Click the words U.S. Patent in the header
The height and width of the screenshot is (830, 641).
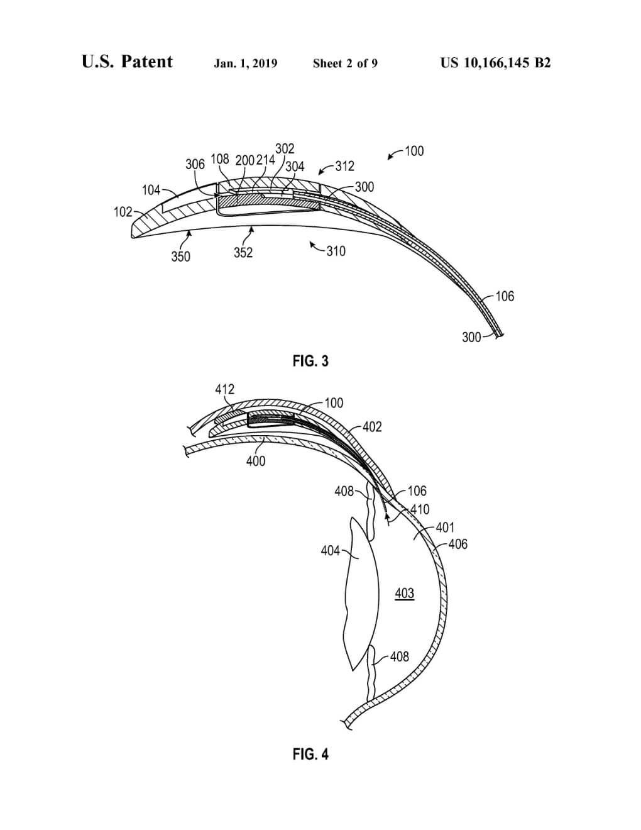pyautogui.click(x=127, y=62)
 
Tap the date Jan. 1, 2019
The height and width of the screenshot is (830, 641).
pyautogui.click(x=245, y=63)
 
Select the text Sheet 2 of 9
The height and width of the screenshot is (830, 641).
pyautogui.click(x=345, y=63)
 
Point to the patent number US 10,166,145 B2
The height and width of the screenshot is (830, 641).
pyautogui.click(x=495, y=63)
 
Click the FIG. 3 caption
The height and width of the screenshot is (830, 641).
pyautogui.click(x=310, y=361)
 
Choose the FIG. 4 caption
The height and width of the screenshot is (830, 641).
pyautogui.click(x=310, y=754)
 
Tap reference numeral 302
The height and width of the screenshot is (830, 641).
pyautogui.click(x=285, y=148)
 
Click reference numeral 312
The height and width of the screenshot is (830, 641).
pyautogui.click(x=344, y=166)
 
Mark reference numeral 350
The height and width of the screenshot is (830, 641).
pyautogui.click(x=180, y=256)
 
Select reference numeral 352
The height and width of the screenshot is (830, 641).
pyautogui.click(x=243, y=253)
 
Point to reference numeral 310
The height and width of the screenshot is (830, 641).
pyautogui.click(x=336, y=251)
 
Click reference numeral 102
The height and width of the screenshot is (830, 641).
pyautogui.click(x=123, y=212)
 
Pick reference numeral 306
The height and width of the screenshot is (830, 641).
pyautogui.click(x=195, y=164)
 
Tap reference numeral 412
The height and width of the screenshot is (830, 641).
pyautogui.click(x=224, y=389)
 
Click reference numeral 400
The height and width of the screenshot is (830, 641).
pyautogui.click(x=256, y=461)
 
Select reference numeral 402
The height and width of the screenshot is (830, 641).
pyautogui.click(x=372, y=427)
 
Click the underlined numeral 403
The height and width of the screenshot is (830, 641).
pyautogui.click(x=404, y=593)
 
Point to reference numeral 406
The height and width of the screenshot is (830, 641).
pyautogui.click(x=458, y=544)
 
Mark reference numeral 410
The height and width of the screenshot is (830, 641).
pyautogui.click(x=420, y=509)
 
